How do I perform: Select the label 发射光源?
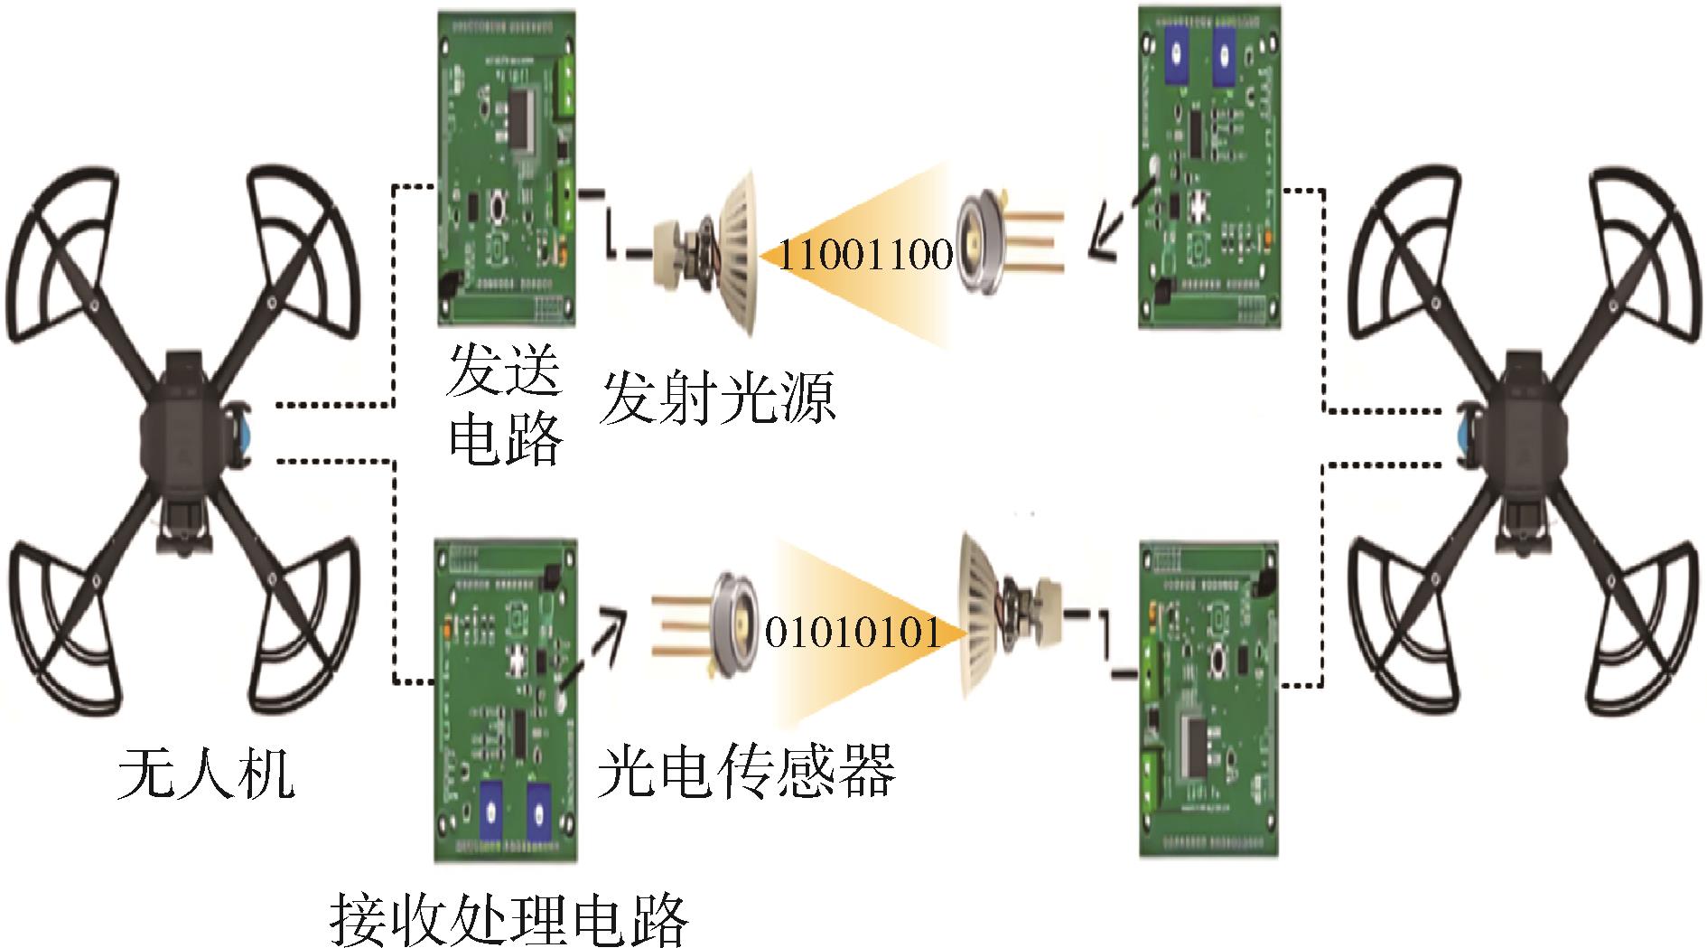click(718, 398)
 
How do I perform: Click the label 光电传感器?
click(746, 770)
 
